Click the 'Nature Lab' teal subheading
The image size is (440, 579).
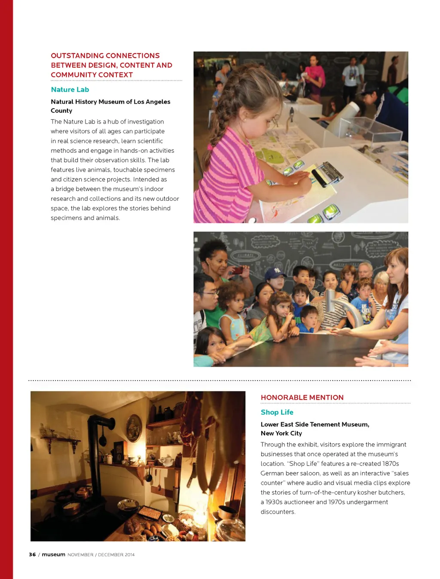pos(70,90)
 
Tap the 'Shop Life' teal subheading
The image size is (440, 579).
pos(277,412)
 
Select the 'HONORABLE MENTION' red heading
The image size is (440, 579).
pos(302,397)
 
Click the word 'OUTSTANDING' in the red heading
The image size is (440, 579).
pos(77,56)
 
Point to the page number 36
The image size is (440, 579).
pos(32,555)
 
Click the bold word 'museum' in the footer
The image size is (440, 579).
pos(53,555)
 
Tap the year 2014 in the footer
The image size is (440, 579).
pos(129,555)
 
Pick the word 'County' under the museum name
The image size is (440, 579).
pos(61,111)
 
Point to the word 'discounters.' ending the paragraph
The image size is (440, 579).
pos(278,512)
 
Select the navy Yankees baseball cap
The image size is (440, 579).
pos(275,273)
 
